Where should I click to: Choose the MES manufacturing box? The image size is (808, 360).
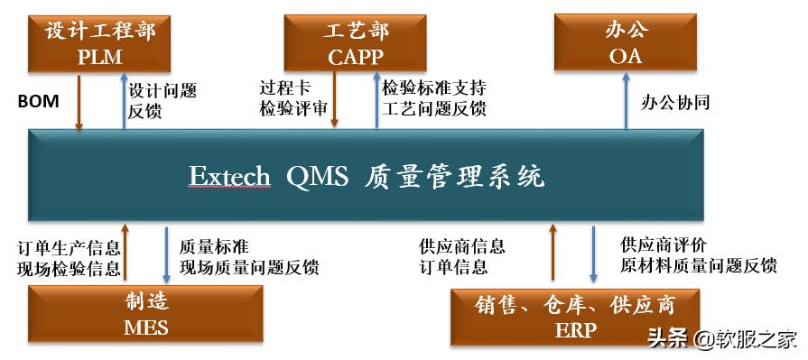pos(145,314)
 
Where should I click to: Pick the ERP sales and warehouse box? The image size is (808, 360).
pos(575,316)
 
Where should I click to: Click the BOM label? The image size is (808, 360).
pos(39,101)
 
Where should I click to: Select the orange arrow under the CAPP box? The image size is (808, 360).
pos(336,101)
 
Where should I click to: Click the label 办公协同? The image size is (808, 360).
pos(675,102)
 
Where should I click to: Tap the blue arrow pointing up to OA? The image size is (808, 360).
pos(626,101)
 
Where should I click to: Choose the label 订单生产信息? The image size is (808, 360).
pos(69,246)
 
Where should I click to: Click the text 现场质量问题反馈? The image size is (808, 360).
pos(249,267)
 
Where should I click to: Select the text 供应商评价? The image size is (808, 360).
pos(663,245)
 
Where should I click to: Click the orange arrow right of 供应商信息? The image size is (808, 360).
pos(553,254)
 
